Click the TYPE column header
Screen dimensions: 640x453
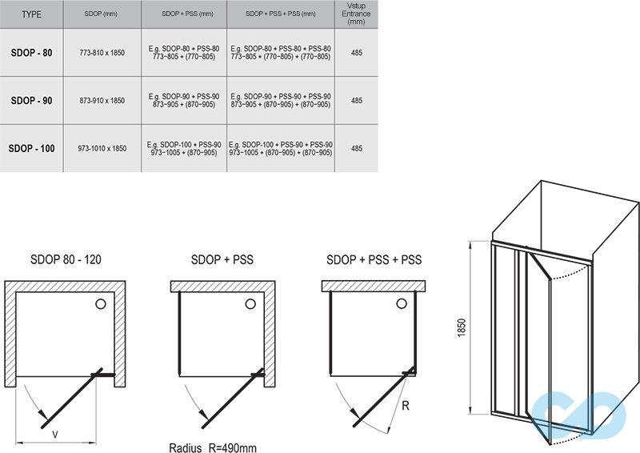click(x=31, y=14)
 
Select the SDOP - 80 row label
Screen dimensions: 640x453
click(x=31, y=53)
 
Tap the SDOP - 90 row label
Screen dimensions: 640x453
click(x=31, y=101)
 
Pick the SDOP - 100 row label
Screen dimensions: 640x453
click(x=31, y=148)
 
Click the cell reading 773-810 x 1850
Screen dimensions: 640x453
click(x=102, y=53)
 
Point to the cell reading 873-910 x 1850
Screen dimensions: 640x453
click(x=102, y=101)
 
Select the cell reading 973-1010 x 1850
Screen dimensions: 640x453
click(x=102, y=148)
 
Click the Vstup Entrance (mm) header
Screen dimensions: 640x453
click(x=356, y=14)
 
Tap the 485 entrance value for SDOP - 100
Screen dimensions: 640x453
click(x=356, y=148)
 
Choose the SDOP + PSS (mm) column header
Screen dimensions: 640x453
click(x=187, y=14)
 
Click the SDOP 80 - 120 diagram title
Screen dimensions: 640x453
click(x=66, y=259)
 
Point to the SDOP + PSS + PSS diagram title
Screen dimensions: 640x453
click(x=374, y=259)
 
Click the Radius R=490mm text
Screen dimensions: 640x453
click(x=213, y=447)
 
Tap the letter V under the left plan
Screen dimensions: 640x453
click(x=55, y=435)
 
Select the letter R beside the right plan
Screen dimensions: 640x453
click(x=406, y=406)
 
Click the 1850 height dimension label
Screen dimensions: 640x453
click(x=462, y=327)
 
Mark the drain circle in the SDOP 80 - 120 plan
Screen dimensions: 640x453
click(x=101, y=303)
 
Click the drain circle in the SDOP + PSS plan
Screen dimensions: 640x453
click(x=250, y=303)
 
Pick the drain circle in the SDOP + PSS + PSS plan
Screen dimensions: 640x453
click(x=402, y=303)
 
